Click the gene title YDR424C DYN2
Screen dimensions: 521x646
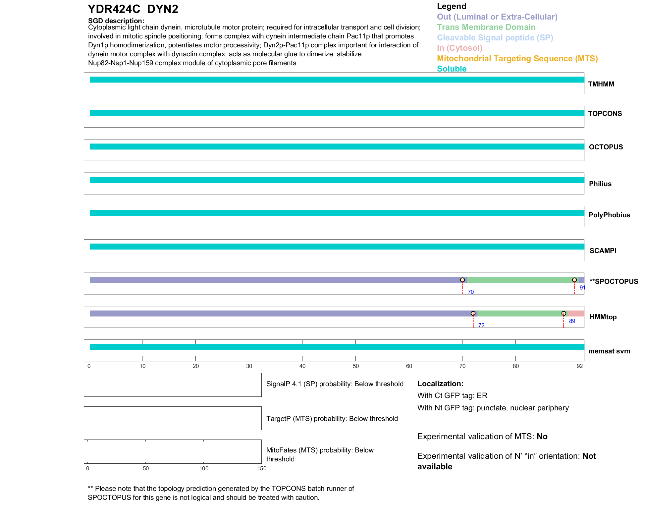(133, 9)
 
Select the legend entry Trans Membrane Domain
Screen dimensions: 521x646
(486, 27)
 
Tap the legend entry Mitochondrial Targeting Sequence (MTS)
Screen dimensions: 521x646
(517, 59)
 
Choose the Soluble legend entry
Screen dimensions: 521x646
(452, 69)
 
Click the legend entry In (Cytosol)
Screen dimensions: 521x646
(459, 48)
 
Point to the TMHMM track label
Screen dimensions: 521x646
(601, 84)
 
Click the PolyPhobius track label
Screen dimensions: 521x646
(609, 215)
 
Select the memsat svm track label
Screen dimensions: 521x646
(609, 351)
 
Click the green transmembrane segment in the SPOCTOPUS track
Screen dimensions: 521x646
(520, 280)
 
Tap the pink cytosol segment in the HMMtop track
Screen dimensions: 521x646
(576, 314)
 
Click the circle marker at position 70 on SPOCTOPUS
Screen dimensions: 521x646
(462, 280)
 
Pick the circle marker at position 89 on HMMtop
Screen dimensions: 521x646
(564, 313)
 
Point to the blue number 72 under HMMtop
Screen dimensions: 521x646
(481, 326)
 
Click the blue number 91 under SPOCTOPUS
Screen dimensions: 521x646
(582, 288)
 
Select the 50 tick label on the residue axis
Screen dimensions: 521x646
(356, 366)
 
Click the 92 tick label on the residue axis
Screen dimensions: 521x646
(580, 366)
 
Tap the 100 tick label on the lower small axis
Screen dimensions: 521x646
(204, 469)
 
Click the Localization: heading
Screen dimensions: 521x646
(440, 384)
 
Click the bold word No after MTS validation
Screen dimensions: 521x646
(542, 437)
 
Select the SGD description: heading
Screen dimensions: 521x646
(116, 21)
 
